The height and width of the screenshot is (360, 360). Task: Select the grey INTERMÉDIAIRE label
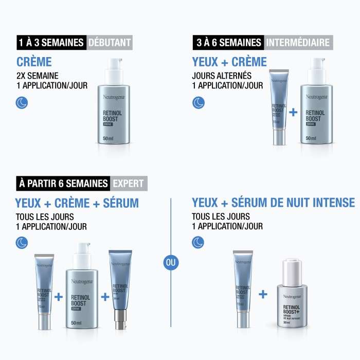297,42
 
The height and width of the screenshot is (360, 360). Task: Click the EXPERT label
128,183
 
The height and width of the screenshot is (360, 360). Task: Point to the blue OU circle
171,262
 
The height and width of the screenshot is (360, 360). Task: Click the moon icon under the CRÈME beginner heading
22,103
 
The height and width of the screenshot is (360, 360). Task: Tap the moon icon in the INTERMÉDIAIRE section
198,103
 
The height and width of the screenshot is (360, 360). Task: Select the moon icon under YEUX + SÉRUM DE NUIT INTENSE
198,243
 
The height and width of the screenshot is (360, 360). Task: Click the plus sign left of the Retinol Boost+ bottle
263,294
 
